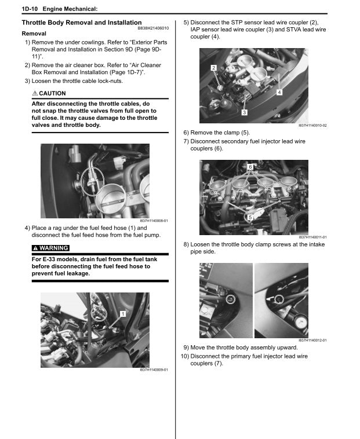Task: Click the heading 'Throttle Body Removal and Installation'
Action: click(81, 23)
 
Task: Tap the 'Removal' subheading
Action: click(34, 34)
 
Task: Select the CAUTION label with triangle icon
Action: click(49, 93)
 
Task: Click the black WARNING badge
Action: click(50, 248)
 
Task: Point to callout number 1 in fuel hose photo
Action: click(123, 314)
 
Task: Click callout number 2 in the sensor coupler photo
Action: click(214, 68)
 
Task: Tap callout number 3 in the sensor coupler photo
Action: click(245, 112)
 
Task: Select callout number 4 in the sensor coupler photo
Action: click(279, 92)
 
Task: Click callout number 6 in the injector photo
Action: click(250, 167)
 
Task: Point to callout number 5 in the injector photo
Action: click(250, 217)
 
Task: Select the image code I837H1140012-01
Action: click(312, 340)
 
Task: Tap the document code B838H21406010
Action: click(153, 28)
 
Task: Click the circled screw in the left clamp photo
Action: click(230, 299)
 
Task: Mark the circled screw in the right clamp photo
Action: click(279, 299)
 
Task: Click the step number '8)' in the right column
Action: click(186, 244)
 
